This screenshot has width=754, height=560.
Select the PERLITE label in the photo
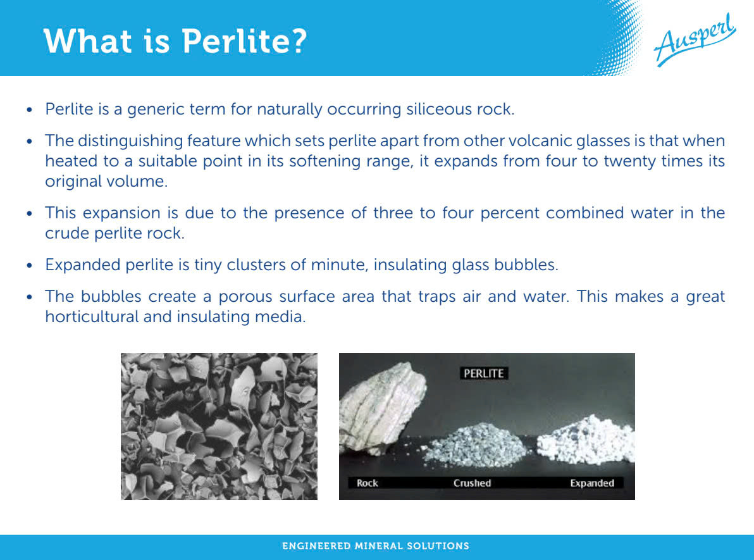point(483,373)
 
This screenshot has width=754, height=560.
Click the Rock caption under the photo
point(368,483)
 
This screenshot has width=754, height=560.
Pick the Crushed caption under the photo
point(472,483)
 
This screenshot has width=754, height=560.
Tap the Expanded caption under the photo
point(592,483)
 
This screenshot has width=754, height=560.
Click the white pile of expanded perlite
point(586,440)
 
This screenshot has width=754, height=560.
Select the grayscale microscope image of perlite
point(219,426)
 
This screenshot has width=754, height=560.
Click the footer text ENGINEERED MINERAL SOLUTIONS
point(376,546)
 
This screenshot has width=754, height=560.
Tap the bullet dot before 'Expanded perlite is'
point(30,266)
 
